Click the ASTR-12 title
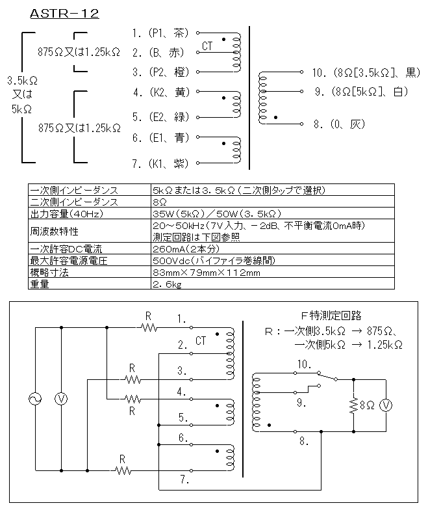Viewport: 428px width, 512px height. coord(64,14)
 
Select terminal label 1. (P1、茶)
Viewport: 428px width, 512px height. coord(160,33)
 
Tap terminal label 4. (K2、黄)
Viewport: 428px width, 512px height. coord(161,92)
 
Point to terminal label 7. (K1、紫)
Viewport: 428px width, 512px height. coord(160,163)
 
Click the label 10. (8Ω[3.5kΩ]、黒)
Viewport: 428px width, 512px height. coord(366,72)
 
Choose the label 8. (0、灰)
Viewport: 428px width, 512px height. coord(339,124)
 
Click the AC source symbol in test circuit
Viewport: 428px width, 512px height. coord(35,399)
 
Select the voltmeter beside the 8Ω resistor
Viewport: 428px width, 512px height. coord(386,405)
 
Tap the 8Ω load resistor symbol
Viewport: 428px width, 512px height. coord(353,405)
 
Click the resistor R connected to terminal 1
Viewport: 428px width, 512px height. coord(149,327)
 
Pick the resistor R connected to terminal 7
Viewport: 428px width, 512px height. coord(123,470)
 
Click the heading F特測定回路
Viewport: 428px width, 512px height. coord(331,316)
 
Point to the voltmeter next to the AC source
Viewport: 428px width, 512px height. coord(61,399)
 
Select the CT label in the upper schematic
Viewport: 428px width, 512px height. coord(207,46)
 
